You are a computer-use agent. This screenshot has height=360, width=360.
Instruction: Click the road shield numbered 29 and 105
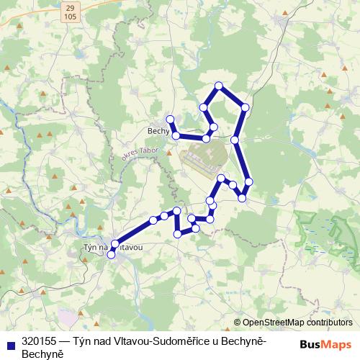click(x=70, y=10)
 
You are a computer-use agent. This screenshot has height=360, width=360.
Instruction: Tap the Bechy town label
click(x=156, y=131)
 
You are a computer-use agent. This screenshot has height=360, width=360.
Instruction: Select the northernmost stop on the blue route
click(x=218, y=86)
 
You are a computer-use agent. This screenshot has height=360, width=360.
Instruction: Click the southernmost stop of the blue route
click(x=111, y=255)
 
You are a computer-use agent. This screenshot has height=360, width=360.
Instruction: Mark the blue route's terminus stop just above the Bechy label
click(x=171, y=119)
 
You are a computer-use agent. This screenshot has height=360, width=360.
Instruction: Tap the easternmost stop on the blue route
click(x=249, y=181)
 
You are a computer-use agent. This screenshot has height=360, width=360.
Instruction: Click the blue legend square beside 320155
click(x=10, y=343)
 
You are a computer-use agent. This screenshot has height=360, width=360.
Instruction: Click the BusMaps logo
click(x=325, y=343)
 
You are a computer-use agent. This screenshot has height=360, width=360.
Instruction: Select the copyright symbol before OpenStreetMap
click(x=237, y=323)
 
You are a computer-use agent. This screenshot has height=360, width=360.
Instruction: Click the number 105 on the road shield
click(x=70, y=14)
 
